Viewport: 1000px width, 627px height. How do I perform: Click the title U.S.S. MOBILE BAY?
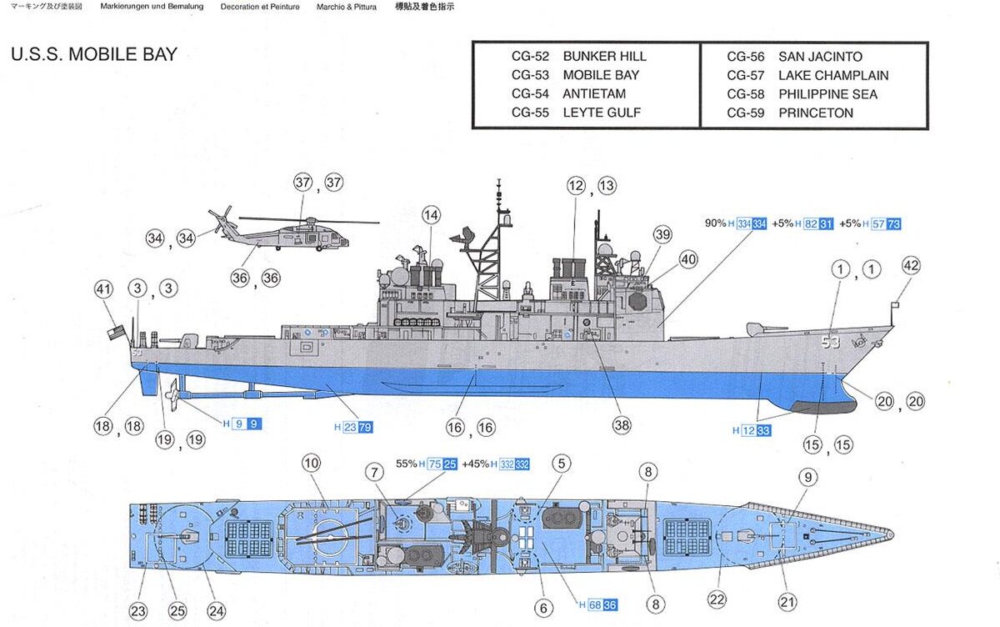[94, 55]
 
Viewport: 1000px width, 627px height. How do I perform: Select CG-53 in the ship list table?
[530, 75]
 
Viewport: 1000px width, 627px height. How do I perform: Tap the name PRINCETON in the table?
[815, 113]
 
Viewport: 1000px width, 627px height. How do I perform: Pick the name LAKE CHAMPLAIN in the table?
[832, 75]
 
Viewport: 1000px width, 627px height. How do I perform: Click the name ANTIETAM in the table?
[593, 93]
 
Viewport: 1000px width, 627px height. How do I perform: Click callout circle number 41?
[103, 289]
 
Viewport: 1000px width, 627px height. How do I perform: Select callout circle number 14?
[430, 215]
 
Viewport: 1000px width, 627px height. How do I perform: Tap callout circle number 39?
[662, 235]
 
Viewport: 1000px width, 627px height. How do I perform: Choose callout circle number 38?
[622, 425]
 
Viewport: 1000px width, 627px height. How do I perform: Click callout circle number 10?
[311, 463]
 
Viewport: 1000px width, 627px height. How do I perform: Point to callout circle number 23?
[137, 609]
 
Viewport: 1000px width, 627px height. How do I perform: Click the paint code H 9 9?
[242, 424]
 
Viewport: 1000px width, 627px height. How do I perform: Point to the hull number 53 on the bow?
[830, 342]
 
